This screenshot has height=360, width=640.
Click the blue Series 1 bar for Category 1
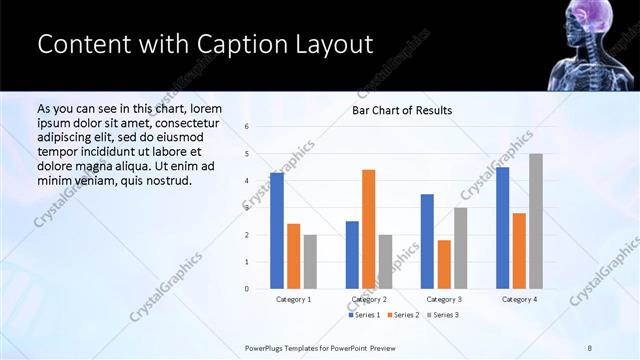[x=276, y=231]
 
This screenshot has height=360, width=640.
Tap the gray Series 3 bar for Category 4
[x=536, y=221]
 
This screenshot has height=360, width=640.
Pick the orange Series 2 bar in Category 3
[x=444, y=264]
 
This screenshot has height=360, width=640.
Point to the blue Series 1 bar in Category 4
[x=502, y=228]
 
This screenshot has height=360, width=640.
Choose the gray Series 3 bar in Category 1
[x=310, y=262]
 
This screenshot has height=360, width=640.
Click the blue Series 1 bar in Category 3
[x=427, y=241]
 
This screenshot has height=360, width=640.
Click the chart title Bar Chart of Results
[x=401, y=110]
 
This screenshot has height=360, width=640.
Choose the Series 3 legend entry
[x=442, y=315]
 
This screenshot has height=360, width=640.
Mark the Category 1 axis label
[x=293, y=299]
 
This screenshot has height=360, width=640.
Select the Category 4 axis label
[x=519, y=299]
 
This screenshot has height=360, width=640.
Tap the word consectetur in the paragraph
[x=179, y=123]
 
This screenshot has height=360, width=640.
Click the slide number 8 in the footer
[x=590, y=348]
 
